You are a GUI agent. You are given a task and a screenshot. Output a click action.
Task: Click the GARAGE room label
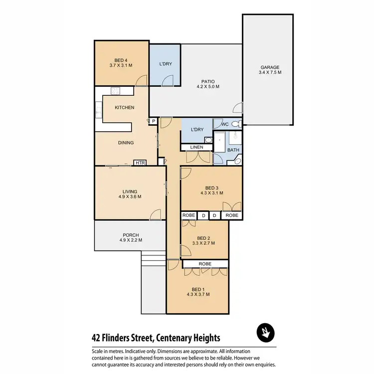[x=269, y=67]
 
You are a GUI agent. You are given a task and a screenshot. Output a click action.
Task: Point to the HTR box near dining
[x=140, y=163]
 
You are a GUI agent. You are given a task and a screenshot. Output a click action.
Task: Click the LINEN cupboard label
[x=192, y=147]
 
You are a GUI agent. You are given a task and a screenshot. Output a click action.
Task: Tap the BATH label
[x=233, y=150]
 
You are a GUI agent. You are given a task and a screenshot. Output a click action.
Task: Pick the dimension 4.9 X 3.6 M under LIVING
[x=130, y=197]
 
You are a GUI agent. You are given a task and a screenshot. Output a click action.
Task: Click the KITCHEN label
[x=124, y=108]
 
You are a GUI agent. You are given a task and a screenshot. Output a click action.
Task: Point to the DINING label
[x=125, y=143]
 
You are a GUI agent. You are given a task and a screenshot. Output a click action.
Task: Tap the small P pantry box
[x=154, y=121]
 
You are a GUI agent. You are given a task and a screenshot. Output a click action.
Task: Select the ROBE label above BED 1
[x=205, y=263]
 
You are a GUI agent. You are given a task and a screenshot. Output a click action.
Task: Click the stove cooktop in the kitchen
[x=116, y=91]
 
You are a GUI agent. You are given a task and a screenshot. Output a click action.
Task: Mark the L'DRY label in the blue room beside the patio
[x=166, y=64]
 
